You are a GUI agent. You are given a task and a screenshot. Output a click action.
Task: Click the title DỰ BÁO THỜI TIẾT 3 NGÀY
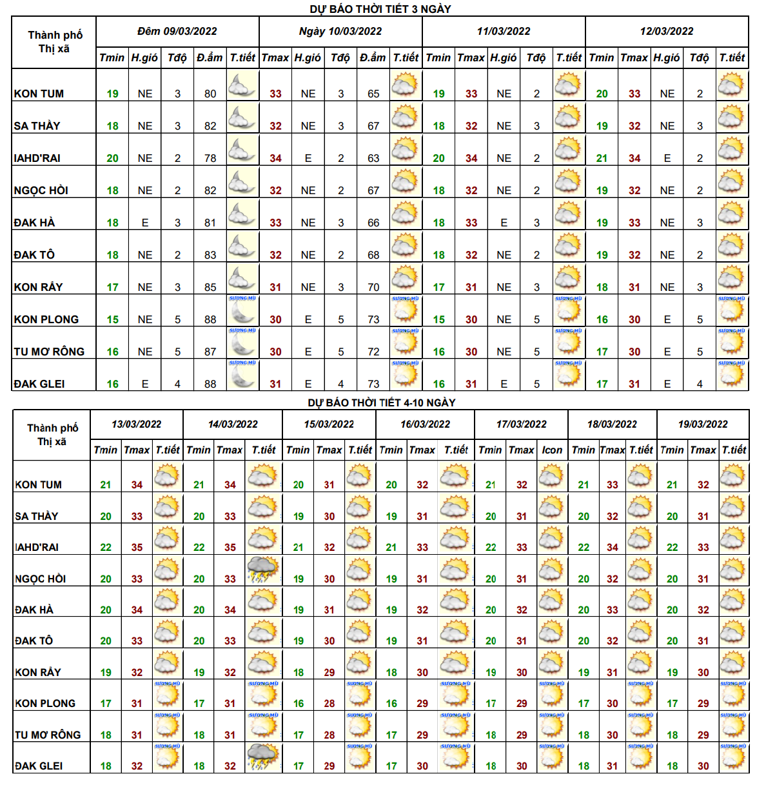[x=380, y=9]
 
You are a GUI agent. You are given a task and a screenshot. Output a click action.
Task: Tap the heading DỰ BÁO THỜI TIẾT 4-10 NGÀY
[x=382, y=403]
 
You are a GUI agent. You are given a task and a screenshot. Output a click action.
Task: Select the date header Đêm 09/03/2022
[x=177, y=31]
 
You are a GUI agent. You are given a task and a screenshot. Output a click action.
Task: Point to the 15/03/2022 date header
[x=329, y=424]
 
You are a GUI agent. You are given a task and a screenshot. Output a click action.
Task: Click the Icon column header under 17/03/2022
[x=552, y=450]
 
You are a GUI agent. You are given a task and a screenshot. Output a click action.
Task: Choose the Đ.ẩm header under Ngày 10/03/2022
[x=373, y=57]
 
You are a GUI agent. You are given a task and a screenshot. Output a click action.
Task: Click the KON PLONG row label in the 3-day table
[x=46, y=319]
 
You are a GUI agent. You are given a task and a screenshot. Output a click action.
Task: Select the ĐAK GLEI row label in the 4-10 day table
[x=39, y=766]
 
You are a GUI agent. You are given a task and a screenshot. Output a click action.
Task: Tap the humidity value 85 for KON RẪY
[x=210, y=287]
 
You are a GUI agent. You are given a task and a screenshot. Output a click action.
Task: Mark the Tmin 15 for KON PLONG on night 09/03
[x=113, y=319]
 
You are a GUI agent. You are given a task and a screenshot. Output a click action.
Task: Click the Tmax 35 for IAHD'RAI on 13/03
[x=137, y=547]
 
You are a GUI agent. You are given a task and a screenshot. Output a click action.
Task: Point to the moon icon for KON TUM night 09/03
[x=242, y=85]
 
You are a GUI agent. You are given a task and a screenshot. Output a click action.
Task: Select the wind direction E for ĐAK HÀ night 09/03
[x=145, y=223]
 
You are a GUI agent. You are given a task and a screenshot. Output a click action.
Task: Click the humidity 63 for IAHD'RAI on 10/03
[x=373, y=158]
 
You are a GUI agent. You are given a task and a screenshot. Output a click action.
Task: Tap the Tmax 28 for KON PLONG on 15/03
[x=329, y=703]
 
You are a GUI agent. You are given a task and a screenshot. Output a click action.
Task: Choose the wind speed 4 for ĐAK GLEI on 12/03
[x=700, y=384]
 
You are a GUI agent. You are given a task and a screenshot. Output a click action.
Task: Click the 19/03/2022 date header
[x=703, y=424]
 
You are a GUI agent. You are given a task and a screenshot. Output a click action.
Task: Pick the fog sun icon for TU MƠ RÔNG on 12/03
[x=732, y=342]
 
